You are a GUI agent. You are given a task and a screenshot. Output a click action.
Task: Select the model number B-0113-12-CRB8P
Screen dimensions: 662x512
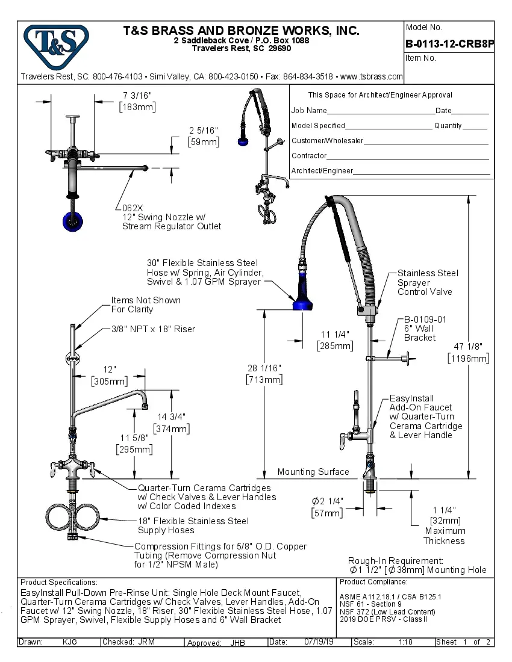point(449,43)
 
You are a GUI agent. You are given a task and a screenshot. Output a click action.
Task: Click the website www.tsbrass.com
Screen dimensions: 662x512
point(371,76)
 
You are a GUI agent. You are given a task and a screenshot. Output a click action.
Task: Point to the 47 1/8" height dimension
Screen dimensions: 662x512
point(468,347)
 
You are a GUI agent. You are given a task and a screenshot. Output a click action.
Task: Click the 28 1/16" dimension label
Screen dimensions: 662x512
point(264,368)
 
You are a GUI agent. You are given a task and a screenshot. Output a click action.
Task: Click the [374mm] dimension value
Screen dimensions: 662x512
point(172,428)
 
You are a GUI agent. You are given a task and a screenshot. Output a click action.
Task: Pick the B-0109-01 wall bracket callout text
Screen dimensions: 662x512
point(425,320)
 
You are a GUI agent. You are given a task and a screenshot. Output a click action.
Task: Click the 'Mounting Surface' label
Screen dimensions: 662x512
point(313,472)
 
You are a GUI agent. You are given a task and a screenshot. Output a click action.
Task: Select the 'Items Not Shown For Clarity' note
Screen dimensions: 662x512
point(145,305)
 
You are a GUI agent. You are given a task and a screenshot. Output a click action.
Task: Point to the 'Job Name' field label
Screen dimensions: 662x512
point(309,111)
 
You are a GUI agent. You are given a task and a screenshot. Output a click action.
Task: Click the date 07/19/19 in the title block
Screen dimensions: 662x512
point(318,642)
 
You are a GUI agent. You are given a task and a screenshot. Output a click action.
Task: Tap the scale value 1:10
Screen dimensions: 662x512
point(405,642)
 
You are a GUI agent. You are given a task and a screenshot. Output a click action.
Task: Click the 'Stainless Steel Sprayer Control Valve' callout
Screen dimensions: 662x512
point(427,282)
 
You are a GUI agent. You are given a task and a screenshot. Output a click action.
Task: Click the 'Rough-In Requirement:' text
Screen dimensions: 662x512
point(395,560)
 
